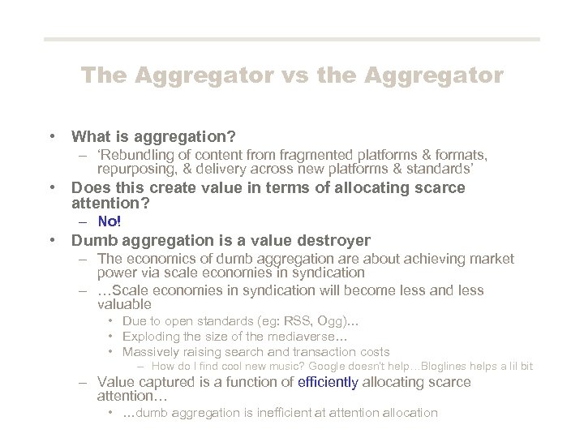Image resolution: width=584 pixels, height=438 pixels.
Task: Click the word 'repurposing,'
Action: click(x=133, y=169)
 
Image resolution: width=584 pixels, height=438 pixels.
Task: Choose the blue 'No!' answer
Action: click(x=109, y=221)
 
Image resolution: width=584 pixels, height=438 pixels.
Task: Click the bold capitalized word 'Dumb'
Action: click(x=92, y=240)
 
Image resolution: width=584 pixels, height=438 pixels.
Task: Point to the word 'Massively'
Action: click(x=150, y=352)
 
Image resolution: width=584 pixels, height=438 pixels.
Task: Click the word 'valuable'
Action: click(x=124, y=304)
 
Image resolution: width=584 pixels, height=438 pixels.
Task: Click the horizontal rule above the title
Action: click(x=292, y=39)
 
